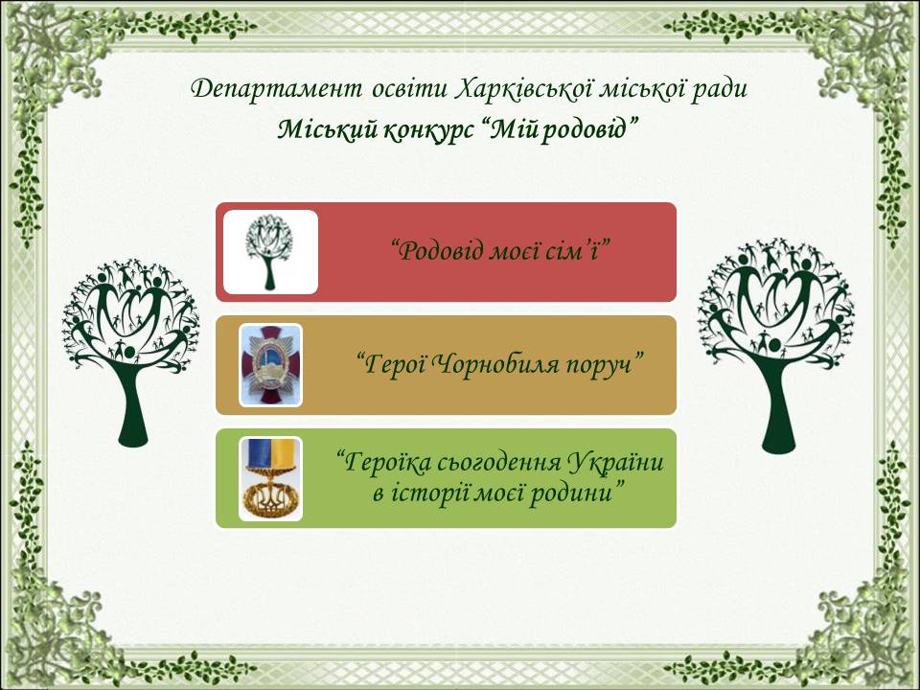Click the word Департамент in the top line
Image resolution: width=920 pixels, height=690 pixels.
276,90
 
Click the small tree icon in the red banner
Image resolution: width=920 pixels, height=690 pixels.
269,252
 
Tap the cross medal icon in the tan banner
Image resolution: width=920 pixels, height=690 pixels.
270,365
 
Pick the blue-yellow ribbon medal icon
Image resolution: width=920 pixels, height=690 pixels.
270,478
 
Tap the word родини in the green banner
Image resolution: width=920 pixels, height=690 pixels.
576,493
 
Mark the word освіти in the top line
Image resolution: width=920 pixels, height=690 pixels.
408,89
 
